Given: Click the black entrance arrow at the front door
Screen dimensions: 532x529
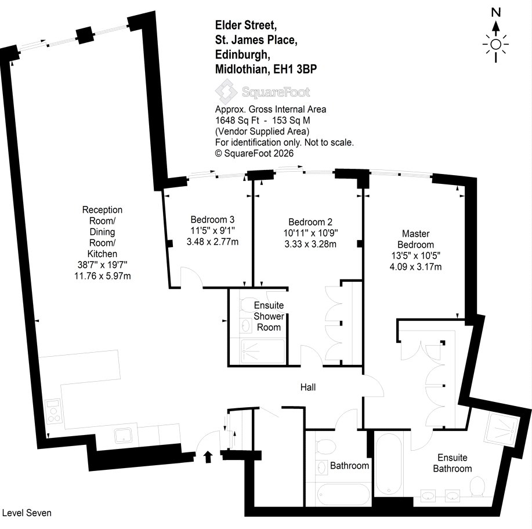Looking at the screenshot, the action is coord(208,456).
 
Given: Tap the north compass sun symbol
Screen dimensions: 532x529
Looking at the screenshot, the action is coord(495,45).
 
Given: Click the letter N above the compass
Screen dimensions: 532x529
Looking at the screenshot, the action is coord(496,13).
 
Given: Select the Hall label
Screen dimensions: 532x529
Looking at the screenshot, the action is coord(308,387).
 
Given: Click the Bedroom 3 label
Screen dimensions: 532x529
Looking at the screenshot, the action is coord(212,219).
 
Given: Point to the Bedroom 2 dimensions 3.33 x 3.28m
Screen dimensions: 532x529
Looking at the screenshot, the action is coord(310,244).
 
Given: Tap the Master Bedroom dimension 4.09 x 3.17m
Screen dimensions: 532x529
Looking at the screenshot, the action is coord(415,267).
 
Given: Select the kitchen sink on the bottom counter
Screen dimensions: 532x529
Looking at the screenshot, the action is coord(124,435).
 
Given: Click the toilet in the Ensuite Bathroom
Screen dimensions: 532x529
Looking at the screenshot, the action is coord(477,485).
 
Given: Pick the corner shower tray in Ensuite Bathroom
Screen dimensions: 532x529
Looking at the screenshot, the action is coord(502,430).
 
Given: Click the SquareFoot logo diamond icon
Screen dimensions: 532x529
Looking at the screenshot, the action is coord(226,92).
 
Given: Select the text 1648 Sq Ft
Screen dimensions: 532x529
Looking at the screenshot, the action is coord(237,121).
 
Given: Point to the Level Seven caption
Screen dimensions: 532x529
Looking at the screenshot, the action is coord(27,513).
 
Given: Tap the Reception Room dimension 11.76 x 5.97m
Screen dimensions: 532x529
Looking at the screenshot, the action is coord(103,276).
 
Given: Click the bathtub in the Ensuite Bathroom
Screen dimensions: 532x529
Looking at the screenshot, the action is coord(389,464).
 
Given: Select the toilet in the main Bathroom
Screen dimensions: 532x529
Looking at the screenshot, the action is coord(325,446).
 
